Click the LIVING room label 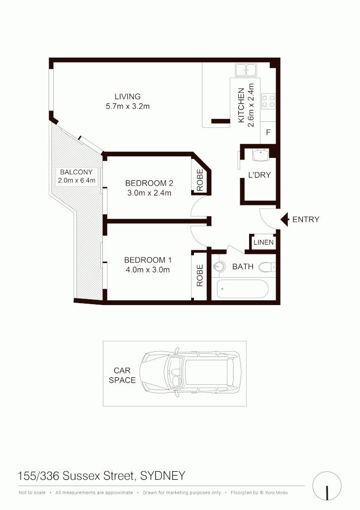[x=127, y=97]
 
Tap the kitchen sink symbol [x=245, y=71]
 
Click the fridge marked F [x=268, y=133]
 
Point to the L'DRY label [x=260, y=175]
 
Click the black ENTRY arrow [x=285, y=219]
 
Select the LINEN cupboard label [x=263, y=242]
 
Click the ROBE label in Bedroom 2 [x=200, y=180]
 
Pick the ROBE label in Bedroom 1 [x=200, y=275]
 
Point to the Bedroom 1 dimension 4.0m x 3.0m [x=148, y=270]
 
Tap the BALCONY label [x=76, y=172]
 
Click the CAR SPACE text [x=122, y=375]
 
